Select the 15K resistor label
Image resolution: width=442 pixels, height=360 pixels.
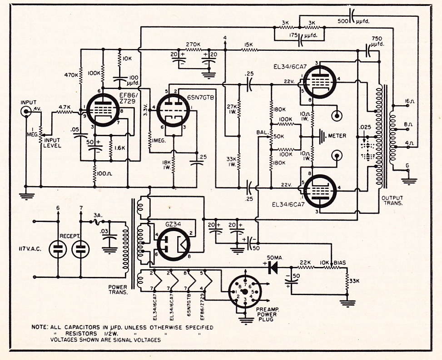coord(248,44)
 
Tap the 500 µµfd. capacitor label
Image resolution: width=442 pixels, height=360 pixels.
coord(349,20)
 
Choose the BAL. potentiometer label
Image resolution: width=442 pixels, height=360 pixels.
coord(262,132)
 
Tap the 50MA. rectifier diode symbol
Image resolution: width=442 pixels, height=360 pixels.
coord(273,268)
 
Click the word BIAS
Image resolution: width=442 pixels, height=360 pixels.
coord(340,263)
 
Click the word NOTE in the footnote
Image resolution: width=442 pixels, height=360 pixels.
coord(40,327)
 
